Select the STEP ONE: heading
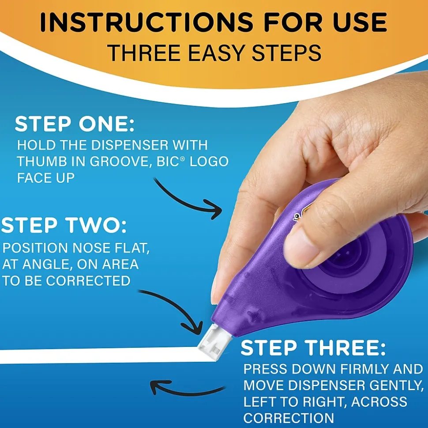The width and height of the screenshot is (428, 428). pyautogui.click(x=75, y=125)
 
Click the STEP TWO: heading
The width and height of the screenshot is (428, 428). pyautogui.click(x=64, y=226)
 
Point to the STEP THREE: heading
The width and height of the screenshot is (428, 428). pyautogui.click(x=313, y=348)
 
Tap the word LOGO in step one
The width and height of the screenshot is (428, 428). pyautogui.click(x=210, y=161)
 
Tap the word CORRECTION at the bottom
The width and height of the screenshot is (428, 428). pyautogui.click(x=288, y=417)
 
